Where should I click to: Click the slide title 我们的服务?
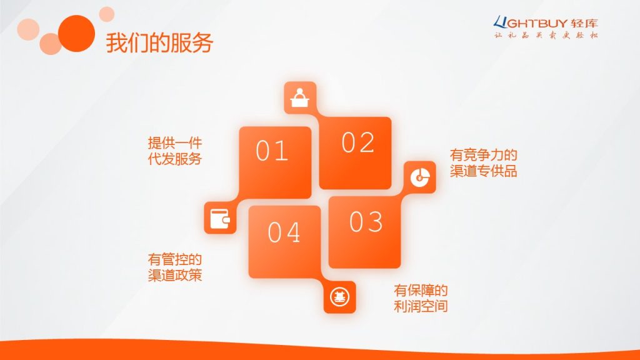pos(159,43)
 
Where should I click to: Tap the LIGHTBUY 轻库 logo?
pos(546,22)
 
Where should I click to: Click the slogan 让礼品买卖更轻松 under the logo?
pos(546,35)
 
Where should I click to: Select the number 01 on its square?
pos(272,151)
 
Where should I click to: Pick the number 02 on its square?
pos(357,142)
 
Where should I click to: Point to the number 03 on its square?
pos(366,222)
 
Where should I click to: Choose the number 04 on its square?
pos(284,232)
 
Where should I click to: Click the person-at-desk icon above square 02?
pos(300,97)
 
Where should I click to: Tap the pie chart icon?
pos(420,177)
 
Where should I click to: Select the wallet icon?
pos(220,218)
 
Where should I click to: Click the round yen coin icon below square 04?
pos(339,297)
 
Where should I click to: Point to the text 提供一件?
pos(175,143)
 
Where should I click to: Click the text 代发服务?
pos(175,159)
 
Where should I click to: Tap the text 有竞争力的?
pos(484,155)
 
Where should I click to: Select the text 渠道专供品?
pos(484,171)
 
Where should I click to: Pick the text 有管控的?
pos(175,259)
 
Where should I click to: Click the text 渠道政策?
pos(175,275)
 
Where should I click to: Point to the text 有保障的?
pos(421,290)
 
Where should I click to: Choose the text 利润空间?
pos(421,306)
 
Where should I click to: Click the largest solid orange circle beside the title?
pos(77,34)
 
